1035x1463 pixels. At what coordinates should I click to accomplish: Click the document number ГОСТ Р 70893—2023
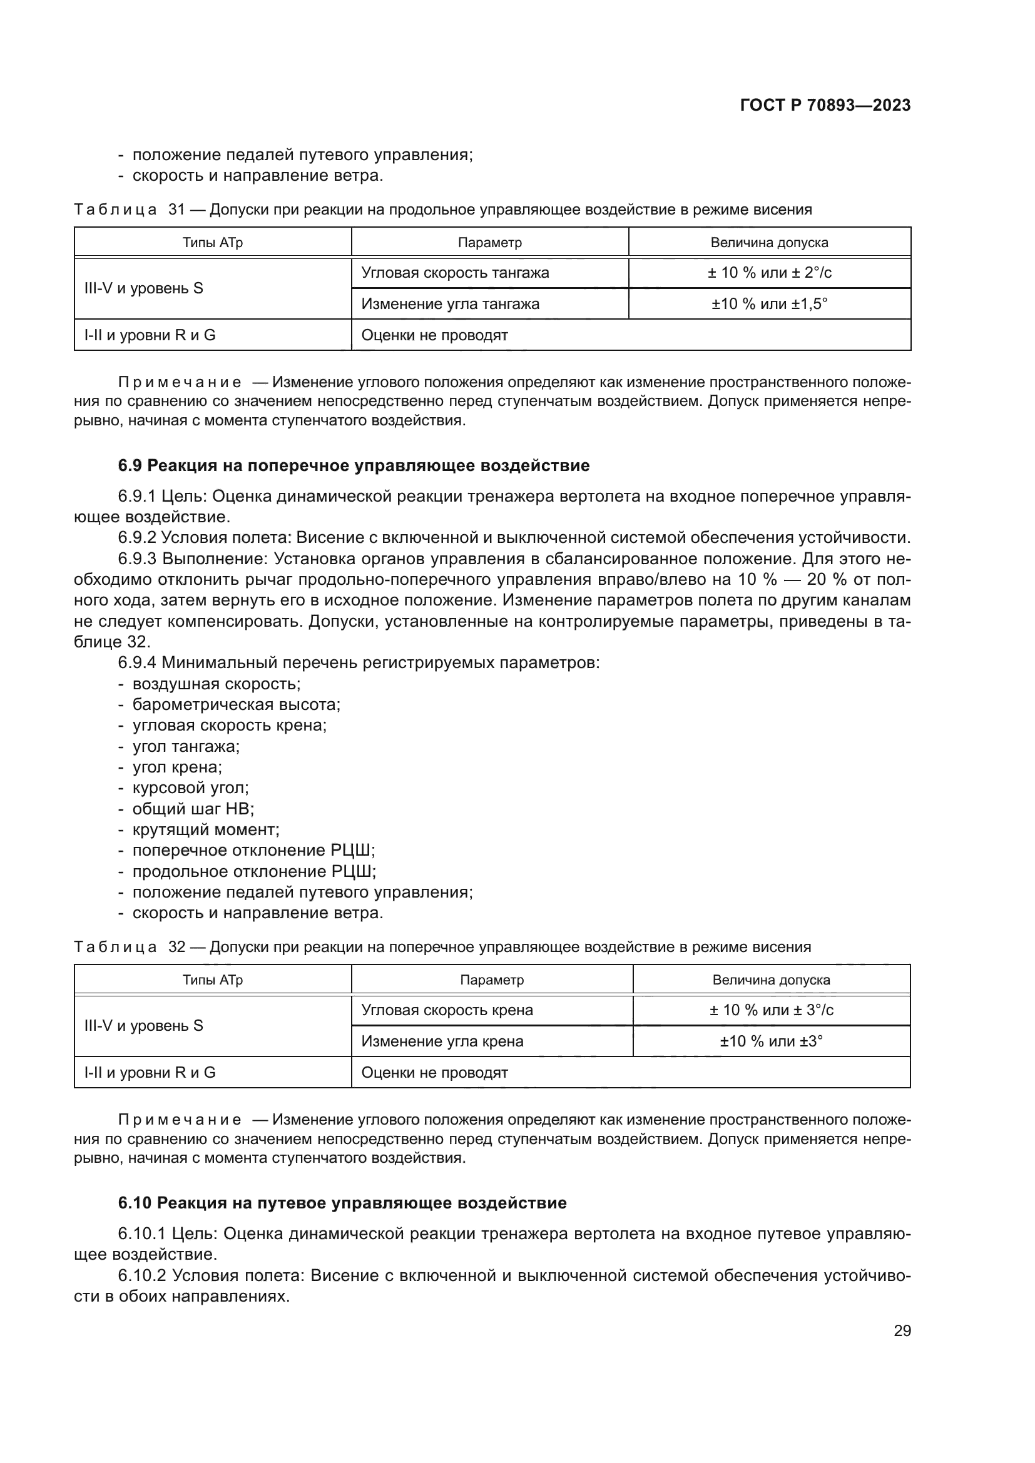tap(825, 106)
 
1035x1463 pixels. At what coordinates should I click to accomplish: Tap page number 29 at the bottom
tap(902, 1330)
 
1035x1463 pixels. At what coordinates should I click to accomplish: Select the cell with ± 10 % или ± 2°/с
tap(769, 273)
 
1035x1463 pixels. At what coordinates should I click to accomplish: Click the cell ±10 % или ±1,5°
tap(769, 304)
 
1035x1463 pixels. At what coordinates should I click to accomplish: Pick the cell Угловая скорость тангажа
tap(455, 273)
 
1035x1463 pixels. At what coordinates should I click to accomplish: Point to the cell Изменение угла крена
tap(442, 1041)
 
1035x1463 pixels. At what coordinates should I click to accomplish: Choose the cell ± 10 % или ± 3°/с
tap(771, 1010)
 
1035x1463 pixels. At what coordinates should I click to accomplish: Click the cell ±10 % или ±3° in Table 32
tap(771, 1041)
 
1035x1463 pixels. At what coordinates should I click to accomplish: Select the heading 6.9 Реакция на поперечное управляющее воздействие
tap(354, 466)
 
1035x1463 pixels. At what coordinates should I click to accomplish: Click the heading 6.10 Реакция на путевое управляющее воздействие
tap(342, 1203)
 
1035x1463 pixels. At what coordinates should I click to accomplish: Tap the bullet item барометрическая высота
tap(237, 705)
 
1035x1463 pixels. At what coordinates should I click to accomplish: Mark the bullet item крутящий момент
tap(206, 829)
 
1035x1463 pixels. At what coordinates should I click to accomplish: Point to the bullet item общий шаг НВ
tap(193, 809)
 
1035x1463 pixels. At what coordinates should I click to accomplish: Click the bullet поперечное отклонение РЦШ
tap(253, 851)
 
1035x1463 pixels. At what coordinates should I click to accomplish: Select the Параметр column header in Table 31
tap(489, 243)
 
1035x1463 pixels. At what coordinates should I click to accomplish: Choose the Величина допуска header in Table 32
tap(771, 980)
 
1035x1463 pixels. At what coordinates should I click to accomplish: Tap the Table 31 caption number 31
tap(176, 210)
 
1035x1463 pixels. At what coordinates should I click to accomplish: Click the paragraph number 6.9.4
tap(137, 662)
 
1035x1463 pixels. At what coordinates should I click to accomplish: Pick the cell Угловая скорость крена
tap(447, 1010)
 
